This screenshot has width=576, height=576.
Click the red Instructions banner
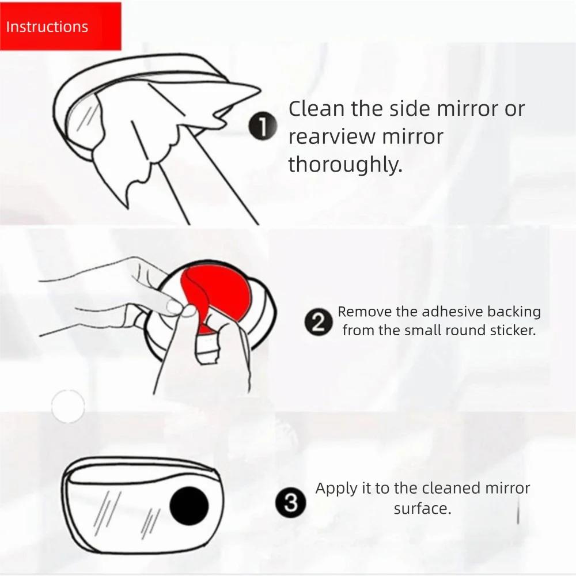tap(60, 26)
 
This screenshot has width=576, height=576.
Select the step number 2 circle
tap(318, 321)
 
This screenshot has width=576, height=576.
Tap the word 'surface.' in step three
tap(422, 509)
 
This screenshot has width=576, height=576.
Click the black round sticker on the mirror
tap(190, 505)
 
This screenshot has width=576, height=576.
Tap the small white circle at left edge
tap(67, 406)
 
